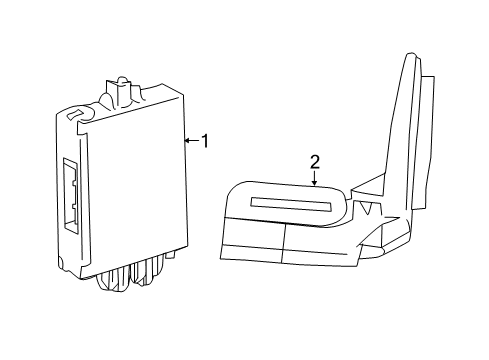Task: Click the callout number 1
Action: pyautogui.click(x=204, y=141)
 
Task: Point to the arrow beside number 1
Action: pyautogui.click(x=190, y=141)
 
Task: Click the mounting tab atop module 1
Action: pyautogui.click(x=122, y=88)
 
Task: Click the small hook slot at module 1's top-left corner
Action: pyautogui.click(x=72, y=116)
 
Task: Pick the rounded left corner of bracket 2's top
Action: pyautogui.click(x=232, y=189)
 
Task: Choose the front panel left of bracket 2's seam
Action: pyautogui.click(x=250, y=244)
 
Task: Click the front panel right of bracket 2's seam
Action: pyautogui.click(x=320, y=248)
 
